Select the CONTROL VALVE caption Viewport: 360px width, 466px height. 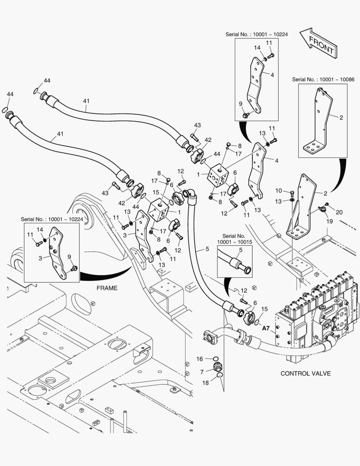tap(306, 373)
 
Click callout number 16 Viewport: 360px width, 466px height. tap(200, 359)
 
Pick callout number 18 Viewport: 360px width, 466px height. tap(205, 383)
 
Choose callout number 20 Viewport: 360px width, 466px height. tap(339, 212)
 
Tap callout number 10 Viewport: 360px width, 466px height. tap(279, 191)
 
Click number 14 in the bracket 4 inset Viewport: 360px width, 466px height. tap(257, 47)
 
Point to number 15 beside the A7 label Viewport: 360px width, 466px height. tap(264, 309)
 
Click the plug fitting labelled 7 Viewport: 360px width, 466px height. tap(218, 368)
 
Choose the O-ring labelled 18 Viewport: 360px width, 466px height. tap(219, 375)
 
